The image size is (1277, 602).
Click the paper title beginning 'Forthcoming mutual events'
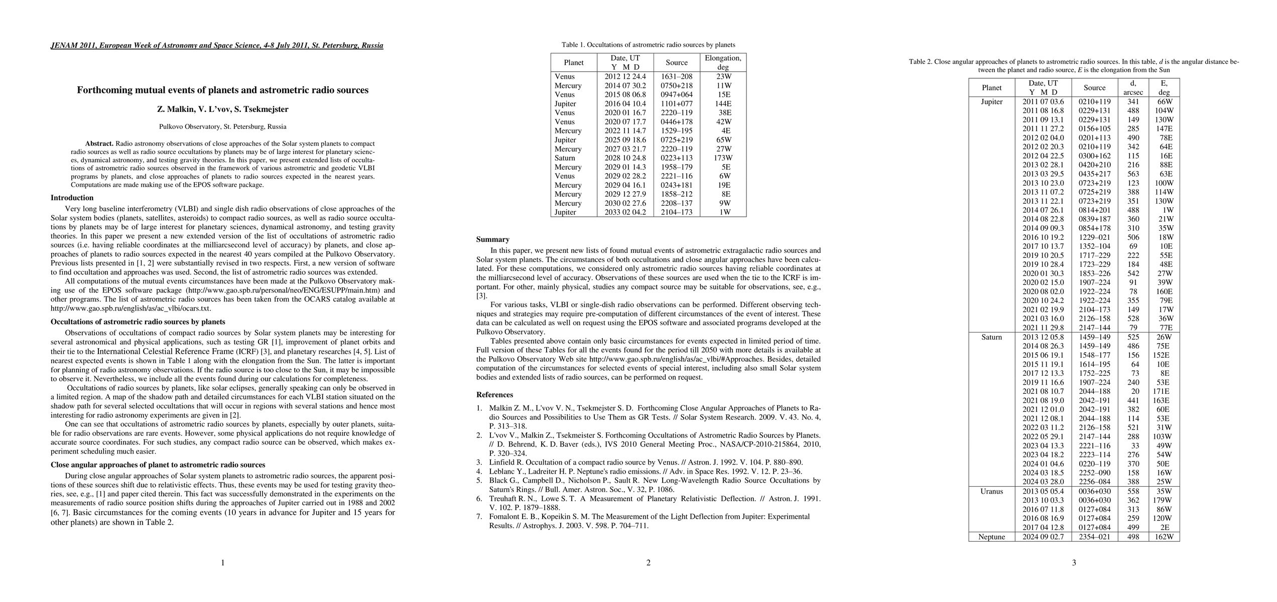coord(222,90)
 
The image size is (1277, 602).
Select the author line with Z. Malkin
coord(222,109)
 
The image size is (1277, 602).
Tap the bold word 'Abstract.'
coord(99,143)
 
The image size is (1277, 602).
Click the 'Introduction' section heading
coord(72,198)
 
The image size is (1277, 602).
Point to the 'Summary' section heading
coord(492,239)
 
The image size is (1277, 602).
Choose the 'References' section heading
coord(494,395)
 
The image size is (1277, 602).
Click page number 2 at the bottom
coord(648,563)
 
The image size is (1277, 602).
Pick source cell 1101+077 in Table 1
coord(676,104)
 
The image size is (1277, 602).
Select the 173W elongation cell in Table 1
coord(722,158)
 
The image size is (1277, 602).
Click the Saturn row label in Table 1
coord(565,158)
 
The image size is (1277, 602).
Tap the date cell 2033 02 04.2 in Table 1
coord(625,212)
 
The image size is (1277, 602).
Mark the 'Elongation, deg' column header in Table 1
coord(723,62)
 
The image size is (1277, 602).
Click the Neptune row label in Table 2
coord(991,537)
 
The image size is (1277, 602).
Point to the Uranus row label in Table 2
coord(991,492)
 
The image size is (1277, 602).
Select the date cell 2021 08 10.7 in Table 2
coord(1043,391)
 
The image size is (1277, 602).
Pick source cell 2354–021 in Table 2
coord(1094,537)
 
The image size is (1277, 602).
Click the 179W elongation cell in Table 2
coord(1164,500)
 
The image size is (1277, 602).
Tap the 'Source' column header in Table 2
coord(1094,88)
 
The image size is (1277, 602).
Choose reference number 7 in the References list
coord(479,517)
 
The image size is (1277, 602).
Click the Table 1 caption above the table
coord(648,45)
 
